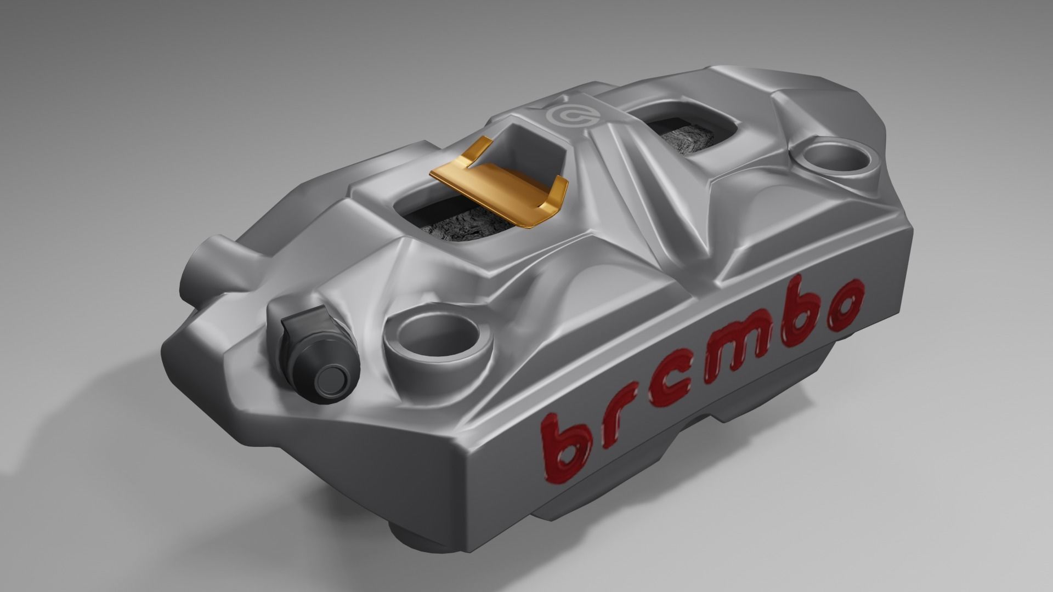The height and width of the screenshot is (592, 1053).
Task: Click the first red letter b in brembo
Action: point(565,433)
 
